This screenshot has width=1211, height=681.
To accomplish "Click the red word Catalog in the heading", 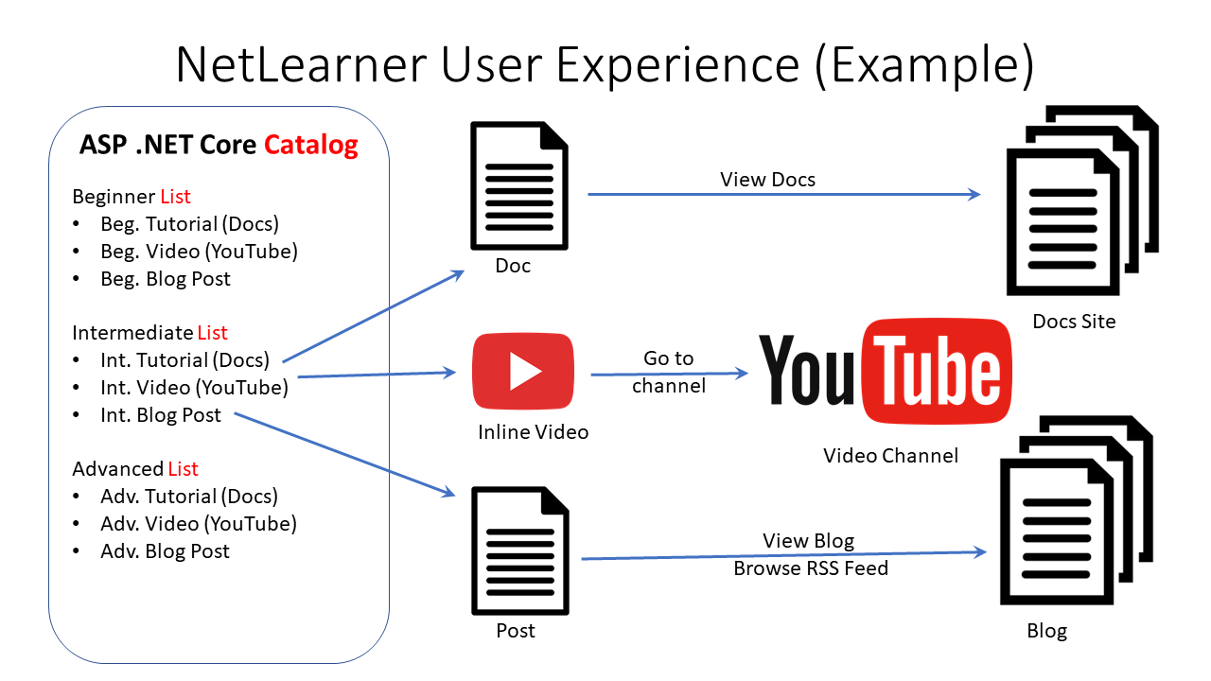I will pyautogui.click(x=310, y=145).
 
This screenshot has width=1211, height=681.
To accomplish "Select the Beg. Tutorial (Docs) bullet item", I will pyautogui.click(x=189, y=223).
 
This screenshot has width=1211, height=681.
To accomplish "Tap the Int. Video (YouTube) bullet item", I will pyautogui.click(x=194, y=387).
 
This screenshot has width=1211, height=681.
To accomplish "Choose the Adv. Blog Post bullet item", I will pyautogui.click(x=165, y=550).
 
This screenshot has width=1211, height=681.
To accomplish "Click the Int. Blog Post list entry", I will pyautogui.click(x=161, y=414).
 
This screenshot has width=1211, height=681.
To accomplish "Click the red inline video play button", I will pyautogui.click(x=523, y=372).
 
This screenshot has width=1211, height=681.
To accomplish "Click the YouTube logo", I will pyautogui.click(x=885, y=371).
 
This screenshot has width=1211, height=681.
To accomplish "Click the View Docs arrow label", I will pyautogui.click(x=767, y=180).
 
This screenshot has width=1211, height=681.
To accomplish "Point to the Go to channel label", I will pyautogui.click(x=669, y=372).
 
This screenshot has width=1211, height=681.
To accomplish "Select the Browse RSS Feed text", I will pyautogui.click(x=810, y=568).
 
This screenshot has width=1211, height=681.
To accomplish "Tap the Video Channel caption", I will pyautogui.click(x=890, y=456).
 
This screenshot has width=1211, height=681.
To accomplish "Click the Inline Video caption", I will pyautogui.click(x=533, y=432).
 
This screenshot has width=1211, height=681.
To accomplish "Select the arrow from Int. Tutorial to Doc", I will pyautogui.click(x=373, y=316).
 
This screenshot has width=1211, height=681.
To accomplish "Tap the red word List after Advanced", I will pyautogui.click(x=183, y=469).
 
